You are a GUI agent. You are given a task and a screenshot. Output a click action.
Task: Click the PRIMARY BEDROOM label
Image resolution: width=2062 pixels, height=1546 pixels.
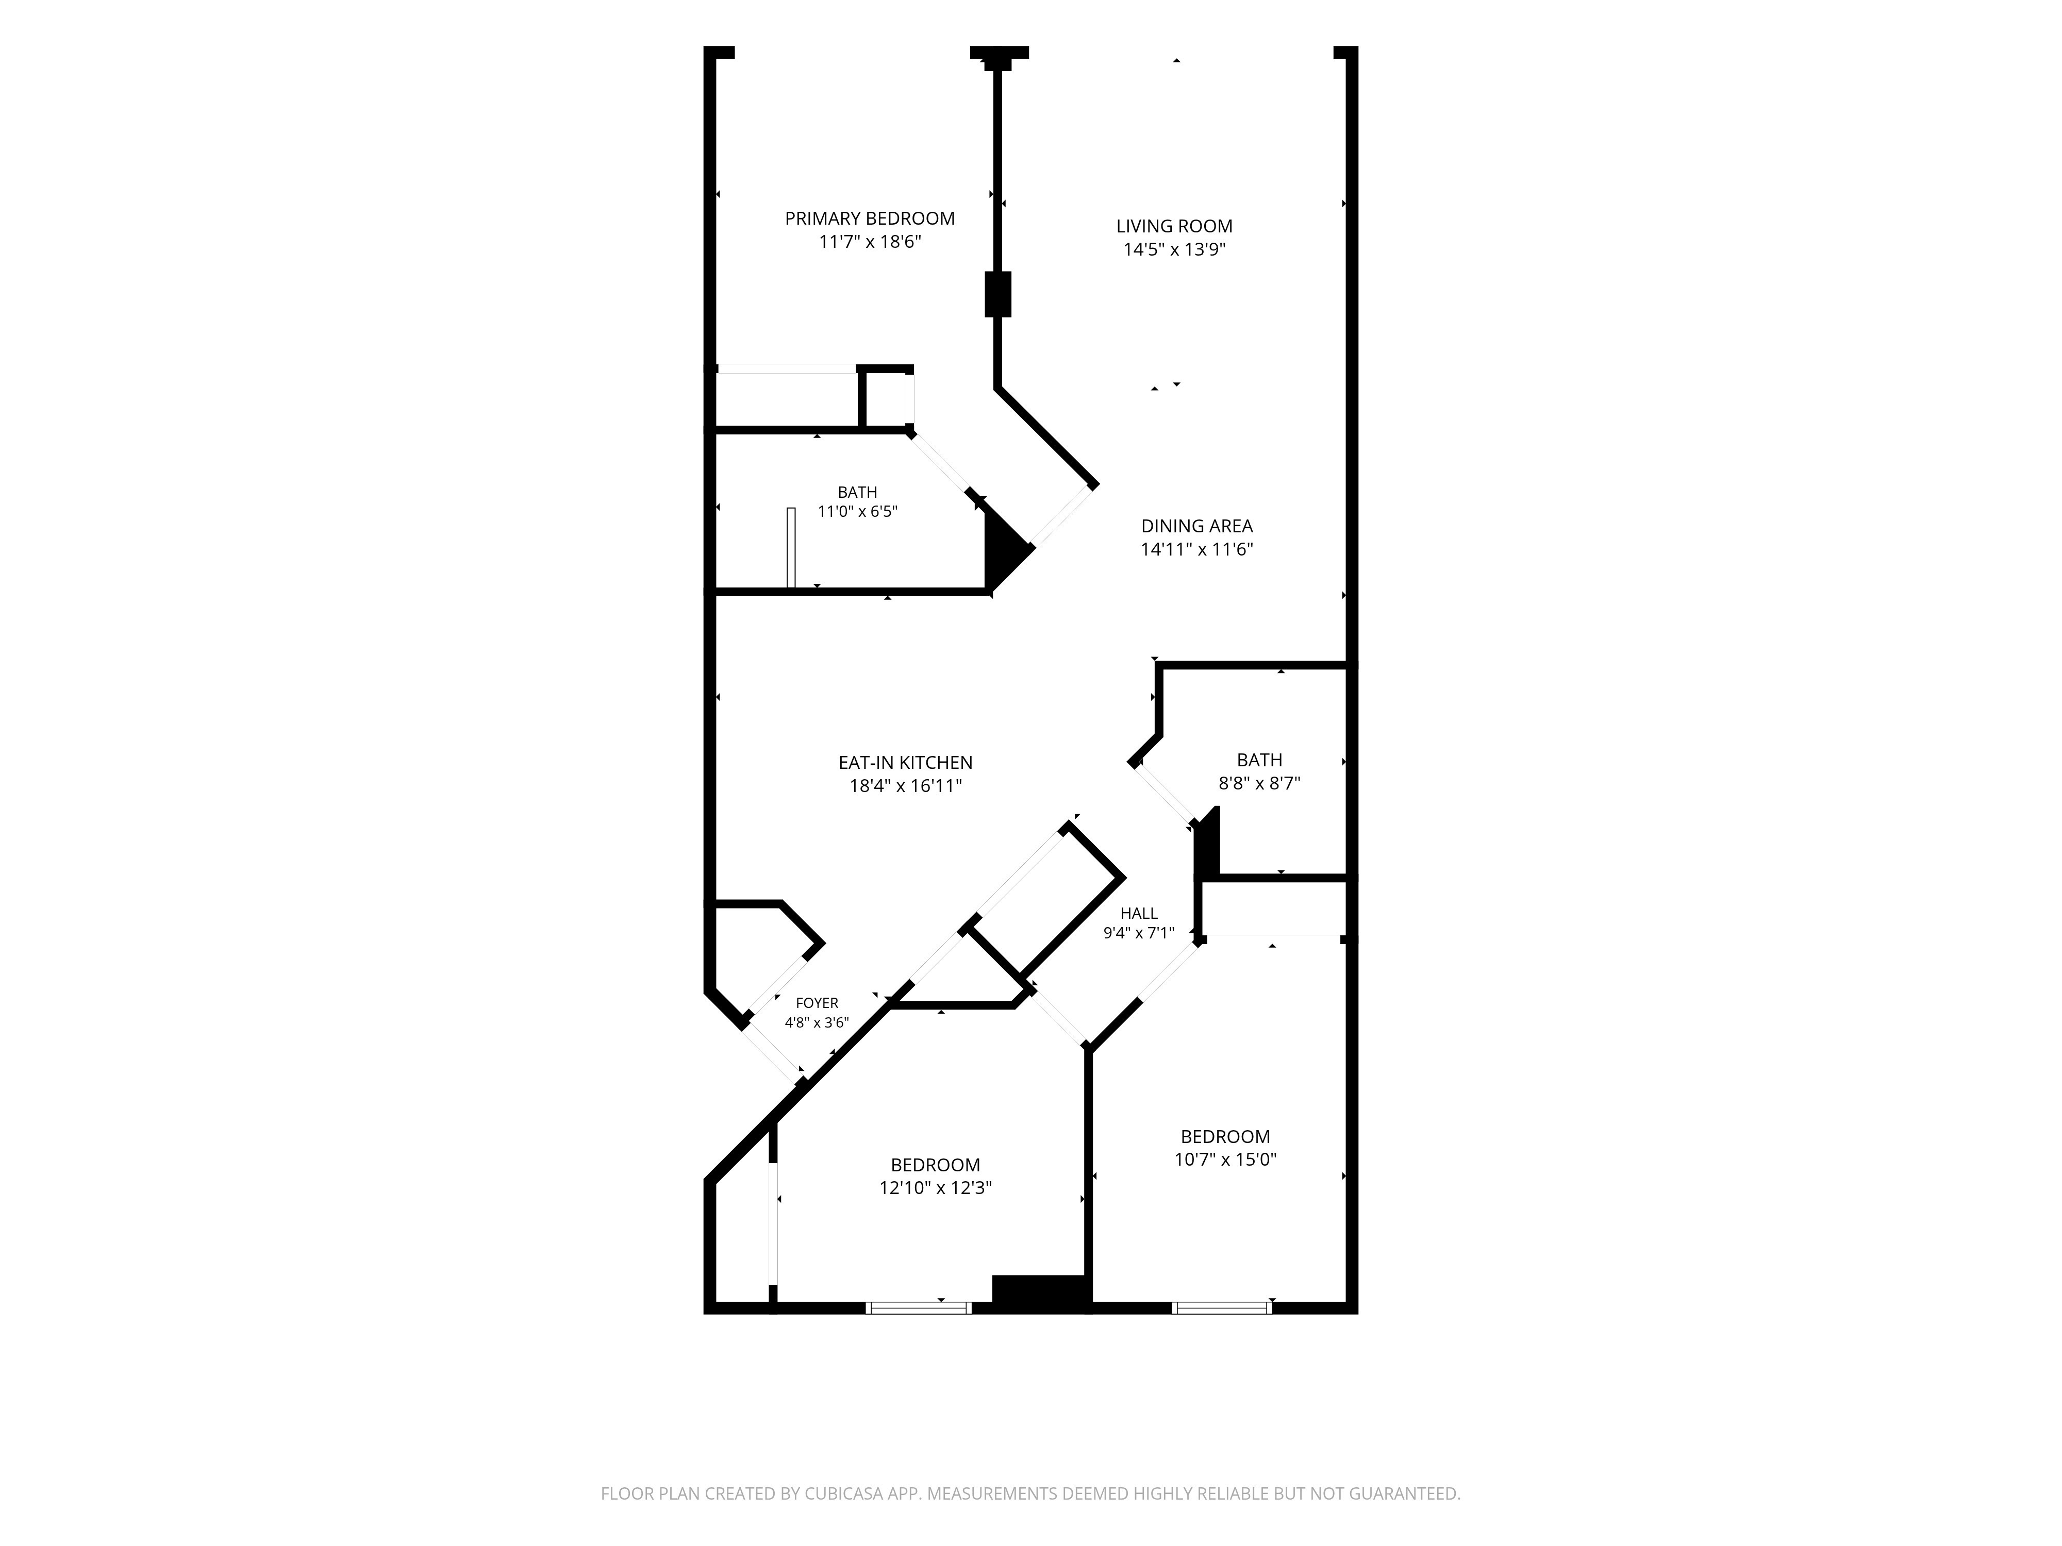click(x=870, y=218)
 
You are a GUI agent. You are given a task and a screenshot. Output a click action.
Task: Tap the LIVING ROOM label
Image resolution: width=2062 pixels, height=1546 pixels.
click(x=1174, y=226)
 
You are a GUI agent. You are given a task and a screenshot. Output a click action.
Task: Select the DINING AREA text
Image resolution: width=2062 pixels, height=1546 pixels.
click(x=1197, y=526)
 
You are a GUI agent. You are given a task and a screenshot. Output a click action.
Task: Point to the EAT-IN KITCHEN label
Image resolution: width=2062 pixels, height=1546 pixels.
click(x=905, y=762)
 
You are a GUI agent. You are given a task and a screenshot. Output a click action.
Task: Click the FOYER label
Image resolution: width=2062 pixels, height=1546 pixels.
click(x=817, y=1003)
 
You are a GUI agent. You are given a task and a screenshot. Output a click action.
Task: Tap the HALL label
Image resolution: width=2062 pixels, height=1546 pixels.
click(x=1139, y=913)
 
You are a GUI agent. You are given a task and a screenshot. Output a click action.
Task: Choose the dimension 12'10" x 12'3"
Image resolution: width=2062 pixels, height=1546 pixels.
click(x=935, y=1188)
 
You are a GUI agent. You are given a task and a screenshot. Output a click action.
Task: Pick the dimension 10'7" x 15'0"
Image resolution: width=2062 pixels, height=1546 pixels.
click(x=1225, y=1159)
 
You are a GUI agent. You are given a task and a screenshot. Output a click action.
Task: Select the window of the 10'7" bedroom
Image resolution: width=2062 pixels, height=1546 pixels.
click(x=1221, y=1307)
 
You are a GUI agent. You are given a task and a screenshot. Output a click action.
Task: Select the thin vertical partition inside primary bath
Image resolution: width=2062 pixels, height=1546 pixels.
click(x=791, y=548)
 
